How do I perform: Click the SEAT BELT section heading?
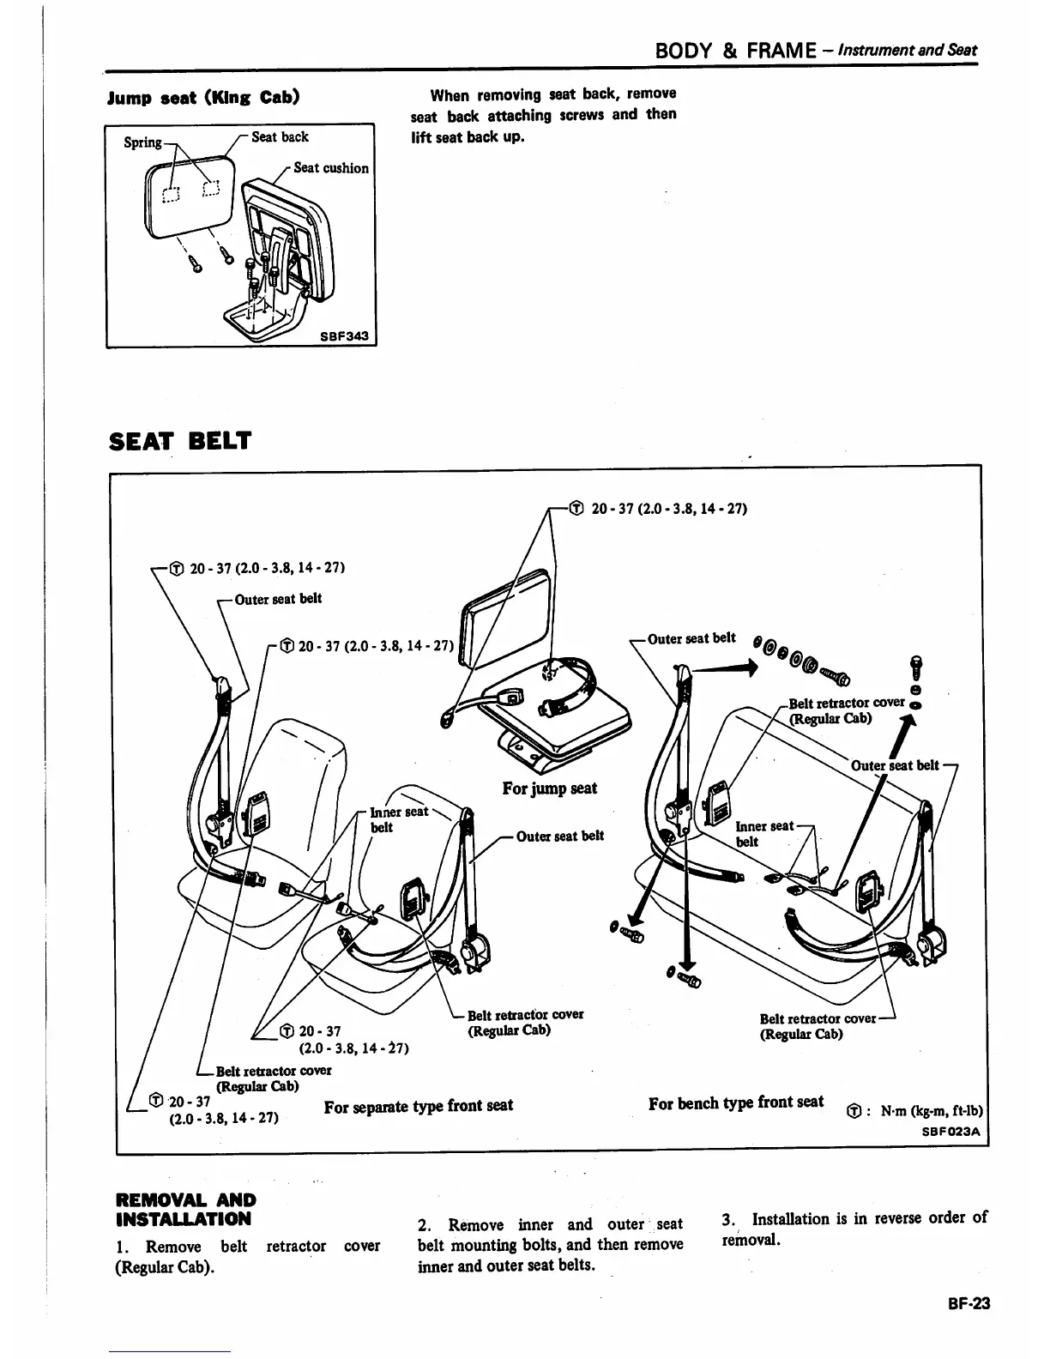point(180,441)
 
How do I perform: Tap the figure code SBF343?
point(344,335)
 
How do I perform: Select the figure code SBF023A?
point(950,1131)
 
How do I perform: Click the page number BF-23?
point(969,1303)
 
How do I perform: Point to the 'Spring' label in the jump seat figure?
point(142,142)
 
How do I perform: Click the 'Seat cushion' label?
point(331,168)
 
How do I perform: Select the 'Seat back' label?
point(280,137)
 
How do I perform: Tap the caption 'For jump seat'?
point(550,788)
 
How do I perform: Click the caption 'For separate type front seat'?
point(419,1106)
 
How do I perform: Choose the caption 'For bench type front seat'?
point(736,1102)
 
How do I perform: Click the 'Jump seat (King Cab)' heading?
point(203,96)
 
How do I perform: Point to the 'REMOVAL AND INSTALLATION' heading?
point(184,1210)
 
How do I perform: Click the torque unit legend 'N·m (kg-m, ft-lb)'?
point(931,1111)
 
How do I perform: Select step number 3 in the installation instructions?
point(728,1219)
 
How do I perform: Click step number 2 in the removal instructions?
point(423,1225)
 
